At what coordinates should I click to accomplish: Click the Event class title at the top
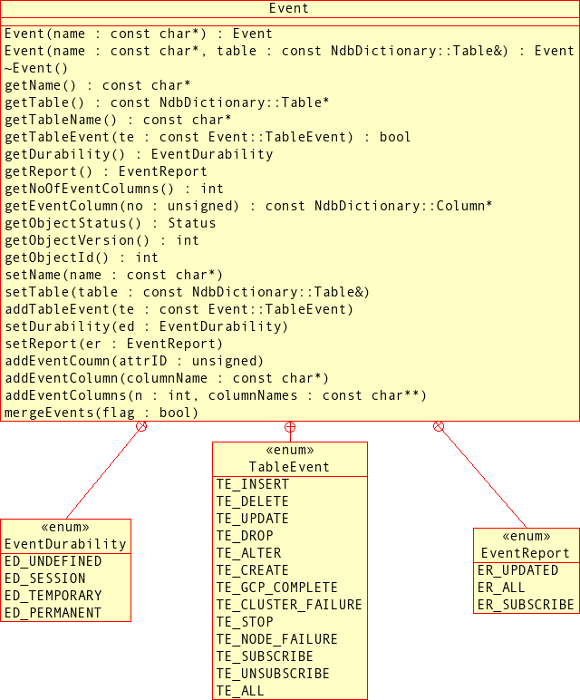[x=289, y=8]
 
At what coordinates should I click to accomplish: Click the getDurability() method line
[x=139, y=154]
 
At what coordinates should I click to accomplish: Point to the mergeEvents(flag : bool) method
[x=101, y=413]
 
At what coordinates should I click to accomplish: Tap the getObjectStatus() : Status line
[x=110, y=223]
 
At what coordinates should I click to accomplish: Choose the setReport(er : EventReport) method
[x=113, y=344]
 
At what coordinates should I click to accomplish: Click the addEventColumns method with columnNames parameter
[x=216, y=395]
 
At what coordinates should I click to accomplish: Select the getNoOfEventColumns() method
[x=113, y=189]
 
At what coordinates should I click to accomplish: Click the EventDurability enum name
[x=65, y=544]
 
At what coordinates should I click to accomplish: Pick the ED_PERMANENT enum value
[x=53, y=613]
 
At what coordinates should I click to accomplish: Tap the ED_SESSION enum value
[x=45, y=578]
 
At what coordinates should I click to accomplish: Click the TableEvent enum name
[x=289, y=467]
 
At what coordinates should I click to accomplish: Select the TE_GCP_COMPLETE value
[x=276, y=588]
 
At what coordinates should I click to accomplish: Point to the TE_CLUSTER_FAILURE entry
[x=289, y=605]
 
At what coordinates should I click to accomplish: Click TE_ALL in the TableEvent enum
[x=240, y=691]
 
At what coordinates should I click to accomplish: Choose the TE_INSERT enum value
[x=252, y=484]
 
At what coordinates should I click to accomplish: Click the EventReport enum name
[x=526, y=553]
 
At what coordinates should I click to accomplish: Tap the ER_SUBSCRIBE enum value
[x=526, y=605]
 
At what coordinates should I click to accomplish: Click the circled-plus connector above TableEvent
[x=290, y=427]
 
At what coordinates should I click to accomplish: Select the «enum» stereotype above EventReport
[x=526, y=536]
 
